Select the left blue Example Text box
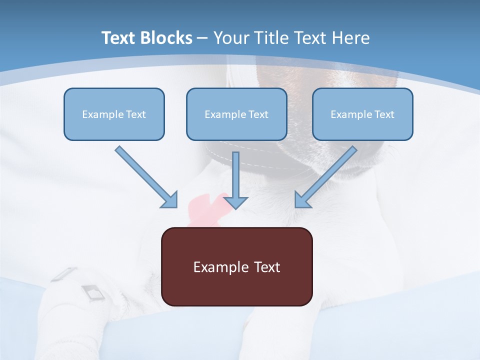point(114,114)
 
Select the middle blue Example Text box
point(236,114)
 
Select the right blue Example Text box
point(362,114)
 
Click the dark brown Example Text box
point(237,266)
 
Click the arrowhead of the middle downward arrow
point(235,202)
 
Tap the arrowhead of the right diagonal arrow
point(302,199)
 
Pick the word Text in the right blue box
point(384,114)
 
